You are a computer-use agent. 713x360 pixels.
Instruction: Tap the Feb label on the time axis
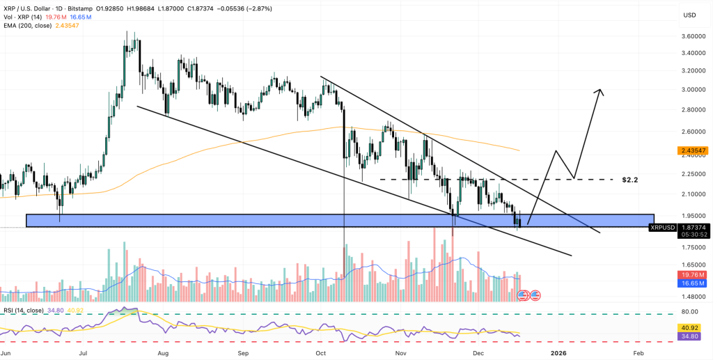coord(638,354)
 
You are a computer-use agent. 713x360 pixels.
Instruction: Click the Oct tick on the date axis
coord(320,354)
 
